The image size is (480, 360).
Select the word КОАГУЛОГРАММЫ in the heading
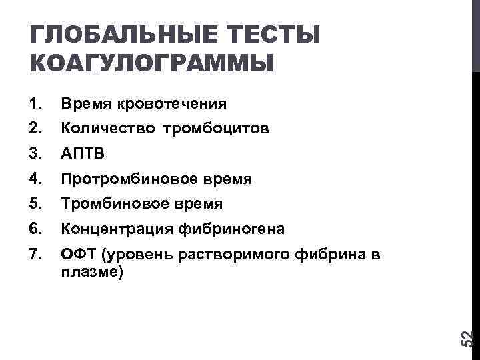click(x=152, y=63)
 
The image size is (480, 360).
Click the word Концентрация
click(x=117, y=229)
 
